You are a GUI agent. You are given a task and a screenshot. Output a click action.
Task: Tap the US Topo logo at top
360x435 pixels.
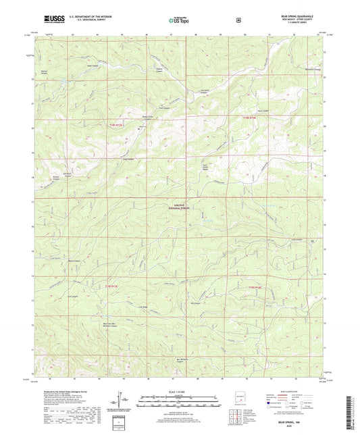click(x=179, y=21)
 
